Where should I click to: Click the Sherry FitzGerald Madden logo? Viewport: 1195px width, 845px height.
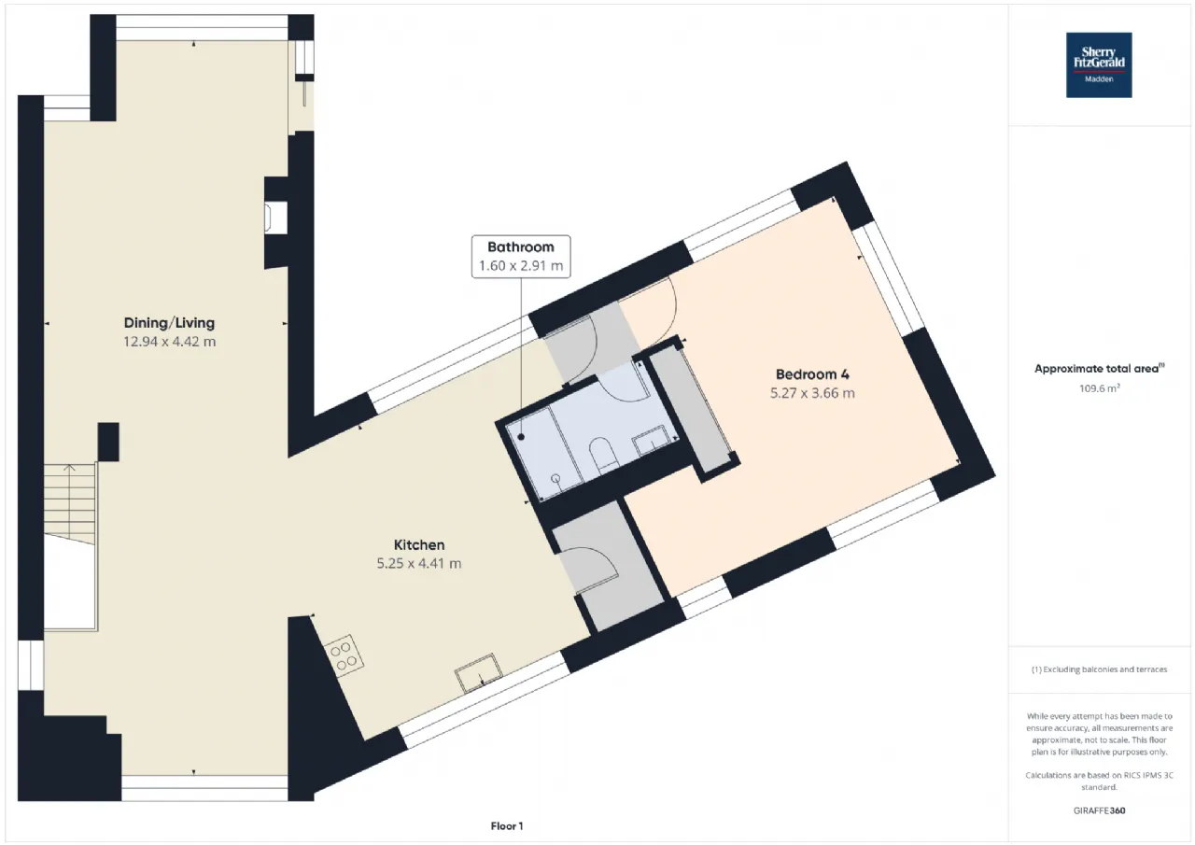click(1099, 65)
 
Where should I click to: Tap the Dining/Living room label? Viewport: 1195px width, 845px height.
click(169, 323)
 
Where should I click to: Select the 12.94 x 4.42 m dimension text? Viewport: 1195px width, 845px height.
click(170, 342)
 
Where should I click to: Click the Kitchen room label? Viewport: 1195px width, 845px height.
click(419, 544)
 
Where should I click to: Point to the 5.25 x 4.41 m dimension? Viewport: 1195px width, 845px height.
click(419, 563)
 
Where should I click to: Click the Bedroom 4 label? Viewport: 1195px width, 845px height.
click(813, 374)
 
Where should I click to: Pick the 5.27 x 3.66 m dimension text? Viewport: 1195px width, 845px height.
click(812, 393)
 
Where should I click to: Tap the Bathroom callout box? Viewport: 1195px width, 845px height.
click(521, 257)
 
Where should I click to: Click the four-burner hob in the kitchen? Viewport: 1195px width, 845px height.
click(344, 655)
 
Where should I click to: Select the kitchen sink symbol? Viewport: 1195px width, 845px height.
click(478, 673)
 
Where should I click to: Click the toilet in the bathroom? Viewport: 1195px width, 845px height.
click(603, 455)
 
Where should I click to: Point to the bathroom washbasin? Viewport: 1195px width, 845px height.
click(651, 440)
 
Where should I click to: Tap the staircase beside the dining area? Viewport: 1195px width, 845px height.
click(69, 504)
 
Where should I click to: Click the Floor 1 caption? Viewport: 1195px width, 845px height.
click(507, 825)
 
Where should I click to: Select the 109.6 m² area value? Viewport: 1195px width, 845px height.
click(1099, 387)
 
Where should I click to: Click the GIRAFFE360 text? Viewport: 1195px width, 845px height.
click(1099, 810)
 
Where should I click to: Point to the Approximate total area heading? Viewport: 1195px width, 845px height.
click(1099, 368)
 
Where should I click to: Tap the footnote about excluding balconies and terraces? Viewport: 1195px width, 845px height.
click(1099, 669)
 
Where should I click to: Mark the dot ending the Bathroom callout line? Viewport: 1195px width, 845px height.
click(521, 437)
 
